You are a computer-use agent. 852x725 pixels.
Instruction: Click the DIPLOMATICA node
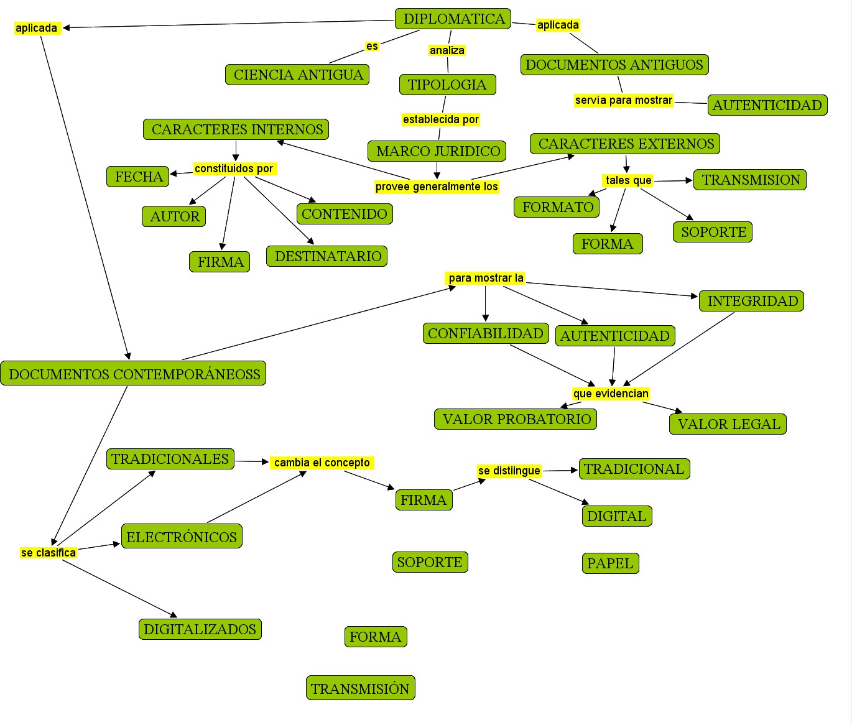(453, 19)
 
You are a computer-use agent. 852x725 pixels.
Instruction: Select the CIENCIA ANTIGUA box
(297, 75)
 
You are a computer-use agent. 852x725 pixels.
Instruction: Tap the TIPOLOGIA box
(447, 85)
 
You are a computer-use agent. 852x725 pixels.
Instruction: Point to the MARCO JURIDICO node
(437, 151)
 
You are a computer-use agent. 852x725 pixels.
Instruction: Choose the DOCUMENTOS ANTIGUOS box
(614, 65)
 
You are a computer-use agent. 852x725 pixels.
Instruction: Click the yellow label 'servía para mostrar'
(623, 100)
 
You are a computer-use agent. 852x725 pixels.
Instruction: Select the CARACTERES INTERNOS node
(236, 129)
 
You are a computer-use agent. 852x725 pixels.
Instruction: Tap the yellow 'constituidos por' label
(234, 169)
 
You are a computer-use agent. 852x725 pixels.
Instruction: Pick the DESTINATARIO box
(327, 256)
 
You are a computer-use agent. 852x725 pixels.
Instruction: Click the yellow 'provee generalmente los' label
(437, 187)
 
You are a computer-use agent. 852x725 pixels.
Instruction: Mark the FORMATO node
(557, 207)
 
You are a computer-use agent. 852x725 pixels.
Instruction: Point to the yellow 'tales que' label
(628, 180)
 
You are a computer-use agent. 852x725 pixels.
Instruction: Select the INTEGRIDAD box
(751, 301)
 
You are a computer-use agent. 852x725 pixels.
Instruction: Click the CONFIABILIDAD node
(485, 333)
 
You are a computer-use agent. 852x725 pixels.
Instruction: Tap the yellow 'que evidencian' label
(611, 394)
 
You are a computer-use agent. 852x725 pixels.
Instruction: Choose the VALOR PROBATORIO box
(516, 419)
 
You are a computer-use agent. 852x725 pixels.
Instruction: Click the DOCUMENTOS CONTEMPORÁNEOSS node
(134, 374)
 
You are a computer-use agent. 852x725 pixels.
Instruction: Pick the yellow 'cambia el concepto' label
(322, 463)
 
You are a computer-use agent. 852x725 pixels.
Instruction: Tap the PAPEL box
(610, 563)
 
